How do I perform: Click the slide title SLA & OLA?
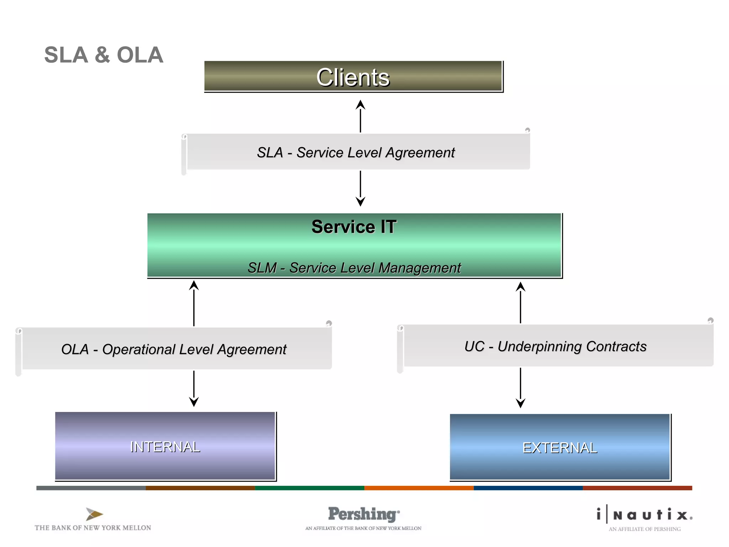coord(104,55)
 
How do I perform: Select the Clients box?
coord(353,77)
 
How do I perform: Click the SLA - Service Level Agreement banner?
coord(356,152)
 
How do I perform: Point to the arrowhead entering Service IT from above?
coord(360,202)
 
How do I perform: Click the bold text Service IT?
coord(354,227)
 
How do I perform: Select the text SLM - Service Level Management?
coord(354,268)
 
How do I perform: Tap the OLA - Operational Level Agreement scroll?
coord(174,349)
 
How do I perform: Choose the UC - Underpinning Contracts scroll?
coord(555,346)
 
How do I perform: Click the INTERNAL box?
coord(165,446)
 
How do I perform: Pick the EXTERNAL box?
coord(560,447)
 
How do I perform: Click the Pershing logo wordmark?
coord(363,514)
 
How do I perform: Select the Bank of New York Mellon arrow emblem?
coord(94,514)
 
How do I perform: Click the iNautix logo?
coord(645,515)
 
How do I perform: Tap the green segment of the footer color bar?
coord(309,488)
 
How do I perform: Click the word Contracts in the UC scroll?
coord(616,347)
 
